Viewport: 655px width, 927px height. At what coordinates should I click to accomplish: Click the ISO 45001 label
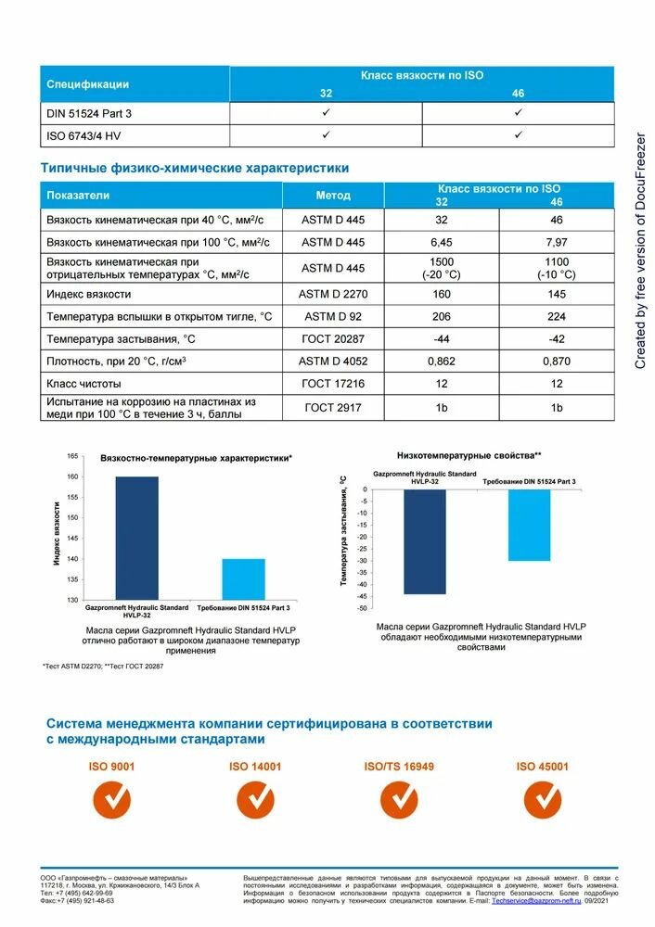(542, 768)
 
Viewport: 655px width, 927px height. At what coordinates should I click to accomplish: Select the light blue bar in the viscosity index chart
(244, 578)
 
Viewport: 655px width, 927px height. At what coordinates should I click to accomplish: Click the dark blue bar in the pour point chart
(424, 541)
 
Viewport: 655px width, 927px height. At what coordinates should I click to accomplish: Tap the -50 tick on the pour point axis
(362, 609)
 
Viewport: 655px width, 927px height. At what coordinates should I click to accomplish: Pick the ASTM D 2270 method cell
(333, 294)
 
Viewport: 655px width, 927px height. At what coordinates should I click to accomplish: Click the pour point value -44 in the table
(441, 339)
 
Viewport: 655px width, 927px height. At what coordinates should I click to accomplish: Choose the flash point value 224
(557, 317)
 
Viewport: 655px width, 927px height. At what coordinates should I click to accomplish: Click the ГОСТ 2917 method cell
(333, 408)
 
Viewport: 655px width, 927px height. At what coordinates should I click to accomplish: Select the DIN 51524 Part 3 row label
(84, 113)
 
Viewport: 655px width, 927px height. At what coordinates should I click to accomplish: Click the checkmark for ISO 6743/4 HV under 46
(518, 135)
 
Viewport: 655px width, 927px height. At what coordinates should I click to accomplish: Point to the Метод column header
(333, 196)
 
